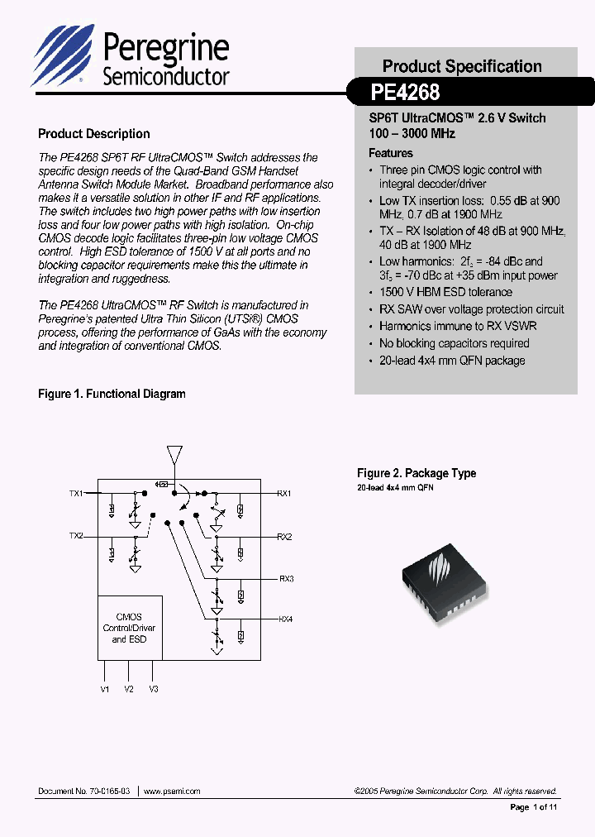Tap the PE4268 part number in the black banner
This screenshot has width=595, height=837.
coord(406,91)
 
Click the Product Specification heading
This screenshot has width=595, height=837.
coord(462,66)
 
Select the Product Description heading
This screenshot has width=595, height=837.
coord(94,134)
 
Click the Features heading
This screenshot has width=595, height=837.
coord(391,153)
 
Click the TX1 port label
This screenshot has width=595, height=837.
coord(76,494)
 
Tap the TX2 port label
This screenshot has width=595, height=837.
coord(76,536)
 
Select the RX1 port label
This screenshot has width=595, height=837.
coord(284,494)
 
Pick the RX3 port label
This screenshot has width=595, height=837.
coord(286,578)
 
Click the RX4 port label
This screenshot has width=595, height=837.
coord(286,619)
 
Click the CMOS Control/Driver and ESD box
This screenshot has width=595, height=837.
coord(129,628)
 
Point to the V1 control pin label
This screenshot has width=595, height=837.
coord(104,689)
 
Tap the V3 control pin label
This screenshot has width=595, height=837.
coord(154,689)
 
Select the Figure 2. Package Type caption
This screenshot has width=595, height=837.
coord(416,473)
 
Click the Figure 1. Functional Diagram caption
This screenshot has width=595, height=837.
coord(112,395)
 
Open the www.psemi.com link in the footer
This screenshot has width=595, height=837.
coord(172,792)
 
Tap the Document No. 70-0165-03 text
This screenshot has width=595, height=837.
coord(83,792)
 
